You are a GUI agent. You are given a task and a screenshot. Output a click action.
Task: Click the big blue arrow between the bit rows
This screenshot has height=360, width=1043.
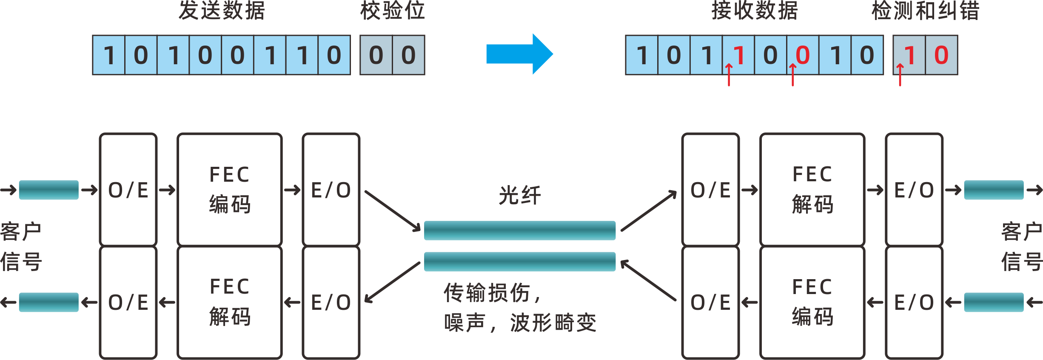tap(519, 54)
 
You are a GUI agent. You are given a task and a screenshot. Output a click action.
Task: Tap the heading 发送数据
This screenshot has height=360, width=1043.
tap(222, 11)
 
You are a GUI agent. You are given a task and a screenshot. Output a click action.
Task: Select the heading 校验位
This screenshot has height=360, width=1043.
tap(392, 11)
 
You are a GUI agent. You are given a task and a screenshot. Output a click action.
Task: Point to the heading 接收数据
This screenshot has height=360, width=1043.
tap(755, 11)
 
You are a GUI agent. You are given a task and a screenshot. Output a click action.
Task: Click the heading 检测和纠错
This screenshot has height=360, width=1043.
tap(926, 11)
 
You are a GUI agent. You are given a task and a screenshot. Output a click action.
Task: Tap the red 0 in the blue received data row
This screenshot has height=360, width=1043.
tap(803, 55)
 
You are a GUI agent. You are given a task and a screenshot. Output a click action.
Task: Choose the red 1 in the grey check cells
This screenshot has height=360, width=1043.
tap(910, 55)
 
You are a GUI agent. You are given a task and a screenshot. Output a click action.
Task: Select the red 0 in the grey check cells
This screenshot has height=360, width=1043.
tap(941, 55)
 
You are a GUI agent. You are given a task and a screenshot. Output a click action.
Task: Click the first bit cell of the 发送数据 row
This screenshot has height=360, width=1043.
tap(109, 55)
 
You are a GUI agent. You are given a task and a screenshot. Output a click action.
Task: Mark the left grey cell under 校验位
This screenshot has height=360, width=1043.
tap(376, 55)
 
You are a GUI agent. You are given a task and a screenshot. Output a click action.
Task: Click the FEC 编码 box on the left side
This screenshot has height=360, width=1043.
tap(230, 189)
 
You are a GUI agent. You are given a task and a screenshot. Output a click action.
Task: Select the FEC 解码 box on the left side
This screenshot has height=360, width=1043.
tap(230, 302)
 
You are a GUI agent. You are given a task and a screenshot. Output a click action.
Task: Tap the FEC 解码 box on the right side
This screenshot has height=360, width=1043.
tap(812, 189)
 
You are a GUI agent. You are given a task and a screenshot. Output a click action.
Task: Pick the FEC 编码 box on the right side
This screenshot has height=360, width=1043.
tap(812, 302)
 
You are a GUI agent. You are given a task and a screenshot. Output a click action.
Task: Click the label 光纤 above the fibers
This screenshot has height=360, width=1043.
tap(519, 195)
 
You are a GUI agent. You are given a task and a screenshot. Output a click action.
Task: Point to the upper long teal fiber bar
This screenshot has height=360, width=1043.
tap(519, 230)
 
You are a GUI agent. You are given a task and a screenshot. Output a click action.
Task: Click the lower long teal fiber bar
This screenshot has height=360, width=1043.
tap(519, 261)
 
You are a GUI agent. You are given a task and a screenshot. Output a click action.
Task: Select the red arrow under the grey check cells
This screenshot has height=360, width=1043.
tap(900, 75)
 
